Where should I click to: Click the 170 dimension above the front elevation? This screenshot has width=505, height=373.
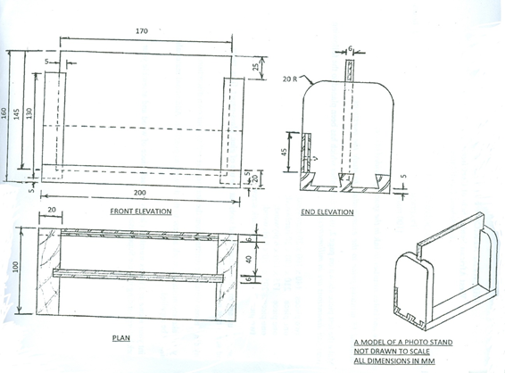coord(142,31)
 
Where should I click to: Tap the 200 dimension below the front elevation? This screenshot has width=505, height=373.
coord(140,193)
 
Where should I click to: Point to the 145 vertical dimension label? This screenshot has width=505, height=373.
coord(17,114)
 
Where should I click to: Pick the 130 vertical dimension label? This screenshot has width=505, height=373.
coord(29,113)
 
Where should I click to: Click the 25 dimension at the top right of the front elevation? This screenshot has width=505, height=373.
coord(255,67)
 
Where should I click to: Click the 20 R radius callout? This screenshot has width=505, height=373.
coord(290,79)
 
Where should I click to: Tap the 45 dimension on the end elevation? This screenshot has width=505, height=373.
coord(285,153)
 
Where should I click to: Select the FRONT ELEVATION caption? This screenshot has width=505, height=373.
coord(141,211)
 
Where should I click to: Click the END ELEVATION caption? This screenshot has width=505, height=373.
coord(327,212)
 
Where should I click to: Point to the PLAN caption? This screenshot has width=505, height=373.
coord(121,338)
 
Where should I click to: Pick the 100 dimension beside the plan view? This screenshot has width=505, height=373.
coord(16,267)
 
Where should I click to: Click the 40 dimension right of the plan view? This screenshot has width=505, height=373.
coord(249,260)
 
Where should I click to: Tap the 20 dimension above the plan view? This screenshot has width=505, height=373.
coord(52,210)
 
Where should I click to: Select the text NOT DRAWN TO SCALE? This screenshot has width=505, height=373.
coord(392,352)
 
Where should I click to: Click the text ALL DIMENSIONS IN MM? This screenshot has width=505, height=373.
coord(394,361)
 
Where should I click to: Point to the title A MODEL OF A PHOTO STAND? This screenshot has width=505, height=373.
coord(403,342)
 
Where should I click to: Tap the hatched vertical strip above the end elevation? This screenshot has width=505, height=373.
coord(350,70)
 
